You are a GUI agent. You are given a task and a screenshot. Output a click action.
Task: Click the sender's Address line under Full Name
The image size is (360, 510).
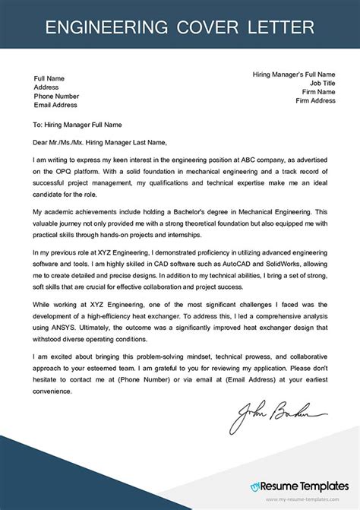pyautogui.click(x=46, y=87)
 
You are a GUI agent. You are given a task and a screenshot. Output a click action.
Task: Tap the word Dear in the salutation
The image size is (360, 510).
pyautogui.click(x=42, y=141)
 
